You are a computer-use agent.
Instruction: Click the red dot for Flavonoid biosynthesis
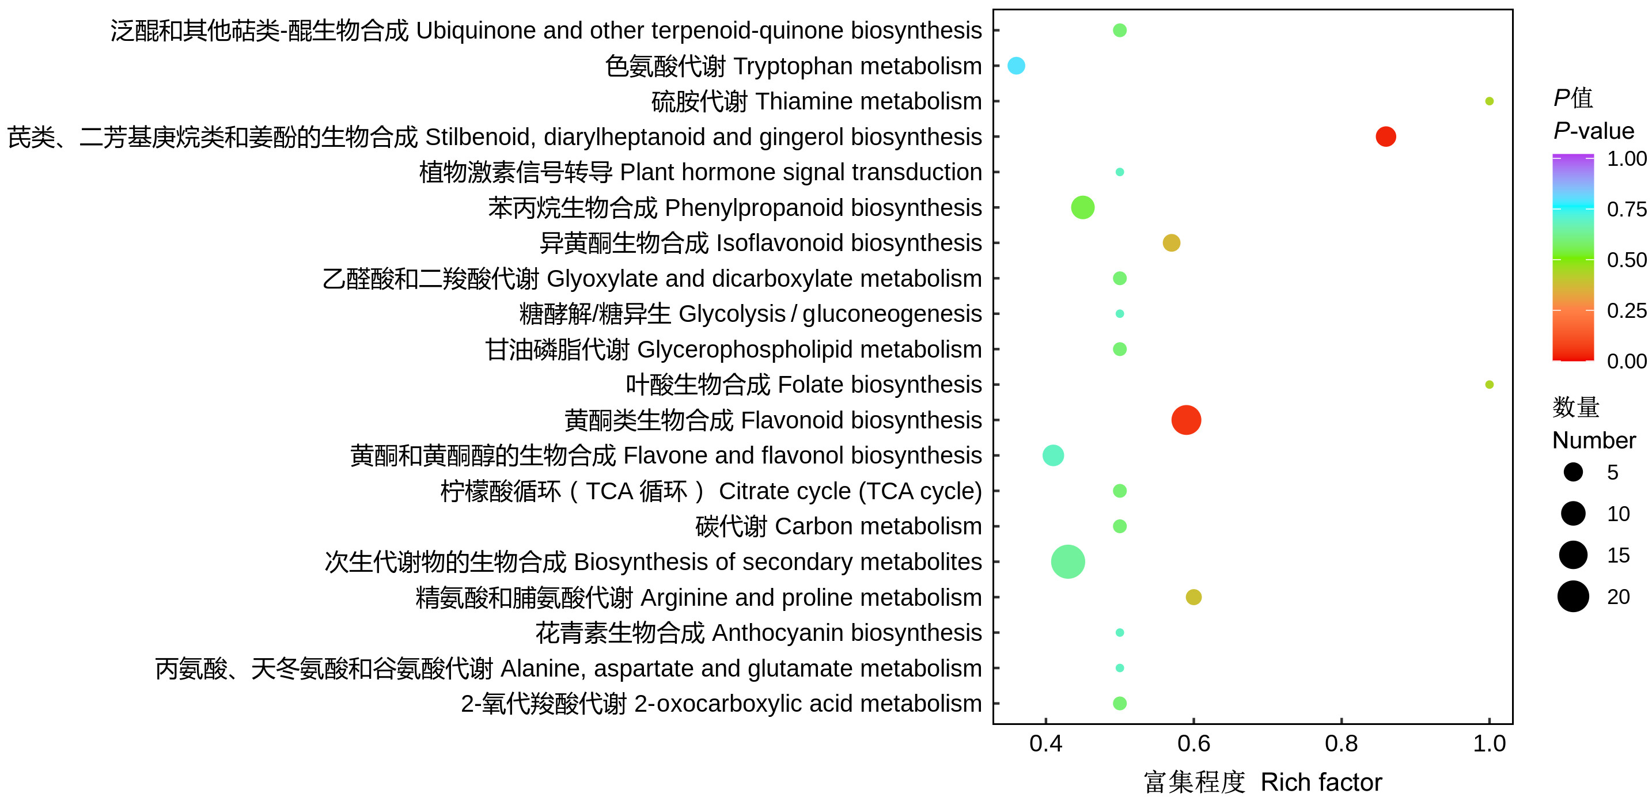1186,420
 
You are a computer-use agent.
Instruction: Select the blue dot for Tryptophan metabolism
1016,66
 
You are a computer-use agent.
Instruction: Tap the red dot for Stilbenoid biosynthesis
1385,136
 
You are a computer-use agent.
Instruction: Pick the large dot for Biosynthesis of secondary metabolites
1068,561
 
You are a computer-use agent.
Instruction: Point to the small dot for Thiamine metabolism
1489,101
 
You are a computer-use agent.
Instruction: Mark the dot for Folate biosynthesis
1489,385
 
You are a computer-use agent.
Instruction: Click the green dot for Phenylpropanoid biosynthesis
1082,208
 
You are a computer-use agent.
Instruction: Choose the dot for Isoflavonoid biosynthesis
1171,243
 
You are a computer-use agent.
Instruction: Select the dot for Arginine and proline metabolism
1193,597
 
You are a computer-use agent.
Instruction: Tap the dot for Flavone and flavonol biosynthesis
1053,455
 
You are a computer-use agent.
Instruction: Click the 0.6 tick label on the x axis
1193,743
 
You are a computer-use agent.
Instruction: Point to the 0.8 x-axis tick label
1341,743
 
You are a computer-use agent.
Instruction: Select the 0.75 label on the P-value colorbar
1626,209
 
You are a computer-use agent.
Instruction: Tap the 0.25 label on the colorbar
1626,310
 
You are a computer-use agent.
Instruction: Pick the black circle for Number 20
1573,597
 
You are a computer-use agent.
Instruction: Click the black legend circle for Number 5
1573,472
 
